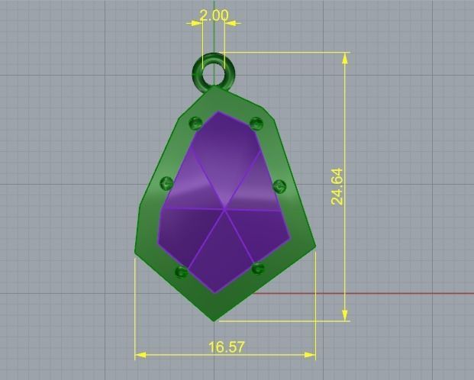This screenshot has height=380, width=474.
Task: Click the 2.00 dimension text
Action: [x=213, y=15]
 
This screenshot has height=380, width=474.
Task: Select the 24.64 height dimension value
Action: [x=337, y=187]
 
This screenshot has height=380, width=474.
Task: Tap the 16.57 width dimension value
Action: [x=227, y=346]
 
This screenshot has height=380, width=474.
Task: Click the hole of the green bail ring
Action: [x=213, y=73]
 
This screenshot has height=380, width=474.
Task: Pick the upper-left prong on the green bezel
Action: [x=195, y=123]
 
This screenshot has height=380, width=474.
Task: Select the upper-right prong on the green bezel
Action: [x=256, y=124]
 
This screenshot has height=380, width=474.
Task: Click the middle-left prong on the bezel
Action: [x=167, y=183]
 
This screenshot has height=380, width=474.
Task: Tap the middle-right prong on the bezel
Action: [x=279, y=185]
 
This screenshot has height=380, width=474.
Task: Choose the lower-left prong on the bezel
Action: [x=182, y=272]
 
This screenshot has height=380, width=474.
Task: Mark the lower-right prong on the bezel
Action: [x=258, y=269]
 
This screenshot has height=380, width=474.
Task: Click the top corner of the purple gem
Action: [x=218, y=112]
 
